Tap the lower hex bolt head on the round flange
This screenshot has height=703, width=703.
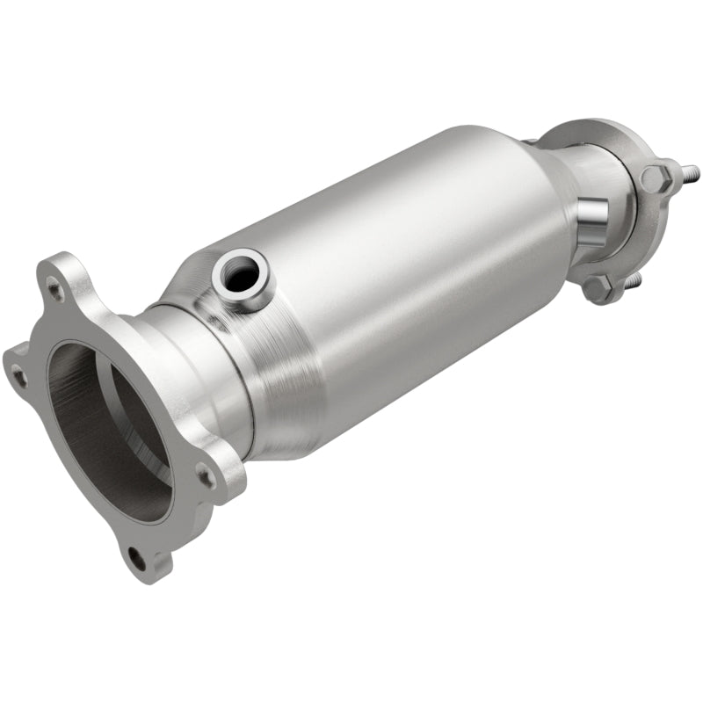[x=598, y=286]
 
